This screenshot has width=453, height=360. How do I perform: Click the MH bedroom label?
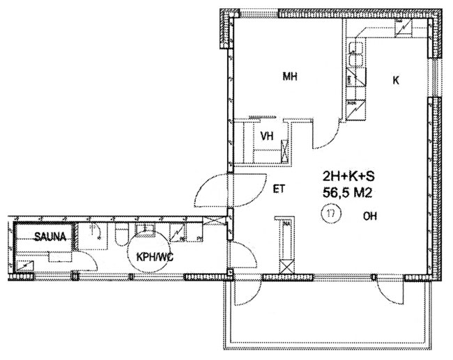click(290, 77)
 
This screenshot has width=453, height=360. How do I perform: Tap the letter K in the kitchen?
click(396, 81)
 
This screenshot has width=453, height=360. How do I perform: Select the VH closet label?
click(267, 136)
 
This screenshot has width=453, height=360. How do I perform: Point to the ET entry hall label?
click(279, 189)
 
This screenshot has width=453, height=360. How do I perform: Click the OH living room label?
click(370, 216)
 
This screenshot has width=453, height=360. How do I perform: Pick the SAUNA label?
click(50, 237)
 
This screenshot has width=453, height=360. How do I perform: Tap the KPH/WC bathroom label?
click(155, 257)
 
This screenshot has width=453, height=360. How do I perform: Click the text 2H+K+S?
click(348, 176)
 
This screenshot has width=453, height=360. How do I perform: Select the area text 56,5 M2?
click(347, 193)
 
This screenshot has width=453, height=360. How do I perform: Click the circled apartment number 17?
click(331, 214)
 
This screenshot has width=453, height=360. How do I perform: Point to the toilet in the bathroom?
click(121, 235)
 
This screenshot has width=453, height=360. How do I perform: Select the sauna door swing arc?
click(90, 258)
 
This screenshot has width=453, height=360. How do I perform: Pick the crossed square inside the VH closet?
click(284, 151)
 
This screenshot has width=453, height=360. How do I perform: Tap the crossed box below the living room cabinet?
click(287, 267)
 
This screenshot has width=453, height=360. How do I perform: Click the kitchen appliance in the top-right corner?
click(404, 28)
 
